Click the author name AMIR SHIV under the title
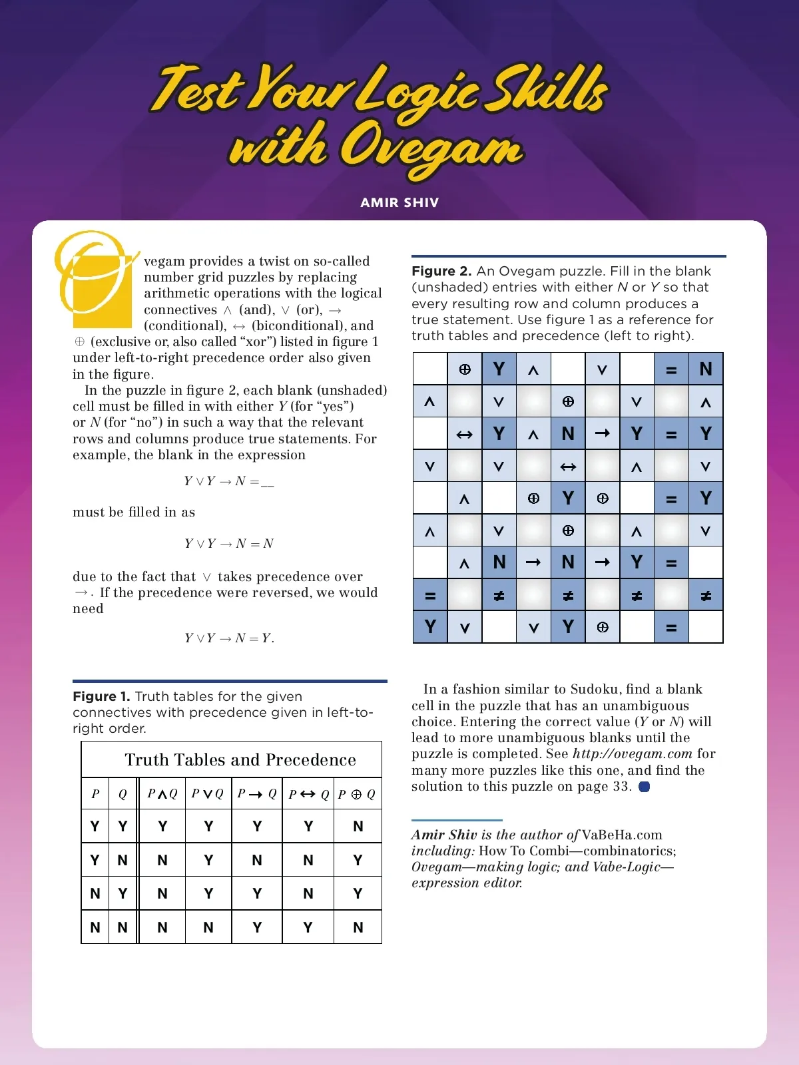pyautogui.click(x=400, y=202)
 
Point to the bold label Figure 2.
pyautogui.click(x=441, y=271)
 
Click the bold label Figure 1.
pyautogui.click(x=101, y=696)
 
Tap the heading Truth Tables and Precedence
pyautogui.click(x=240, y=759)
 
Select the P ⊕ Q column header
pyautogui.click(x=357, y=793)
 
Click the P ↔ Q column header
pyautogui.click(x=308, y=793)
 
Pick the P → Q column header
pyautogui.click(x=257, y=793)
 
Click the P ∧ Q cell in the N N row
pyautogui.click(x=162, y=927)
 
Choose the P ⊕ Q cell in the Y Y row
pyautogui.click(x=358, y=826)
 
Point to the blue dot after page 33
pyautogui.click(x=644, y=787)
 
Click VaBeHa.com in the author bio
pyautogui.click(x=622, y=835)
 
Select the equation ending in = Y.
pyautogui.click(x=229, y=638)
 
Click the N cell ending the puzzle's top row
pyautogui.click(x=706, y=369)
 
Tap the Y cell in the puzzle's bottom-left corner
pyautogui.click(x=430, y=627)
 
